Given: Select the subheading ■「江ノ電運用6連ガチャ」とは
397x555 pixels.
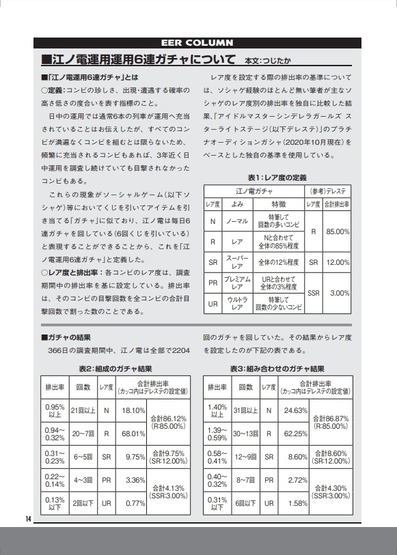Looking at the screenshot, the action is point(90,76).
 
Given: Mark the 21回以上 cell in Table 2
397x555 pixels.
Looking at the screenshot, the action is point(83,410).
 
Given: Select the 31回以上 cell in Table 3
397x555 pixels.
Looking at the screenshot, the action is point(245,410).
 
